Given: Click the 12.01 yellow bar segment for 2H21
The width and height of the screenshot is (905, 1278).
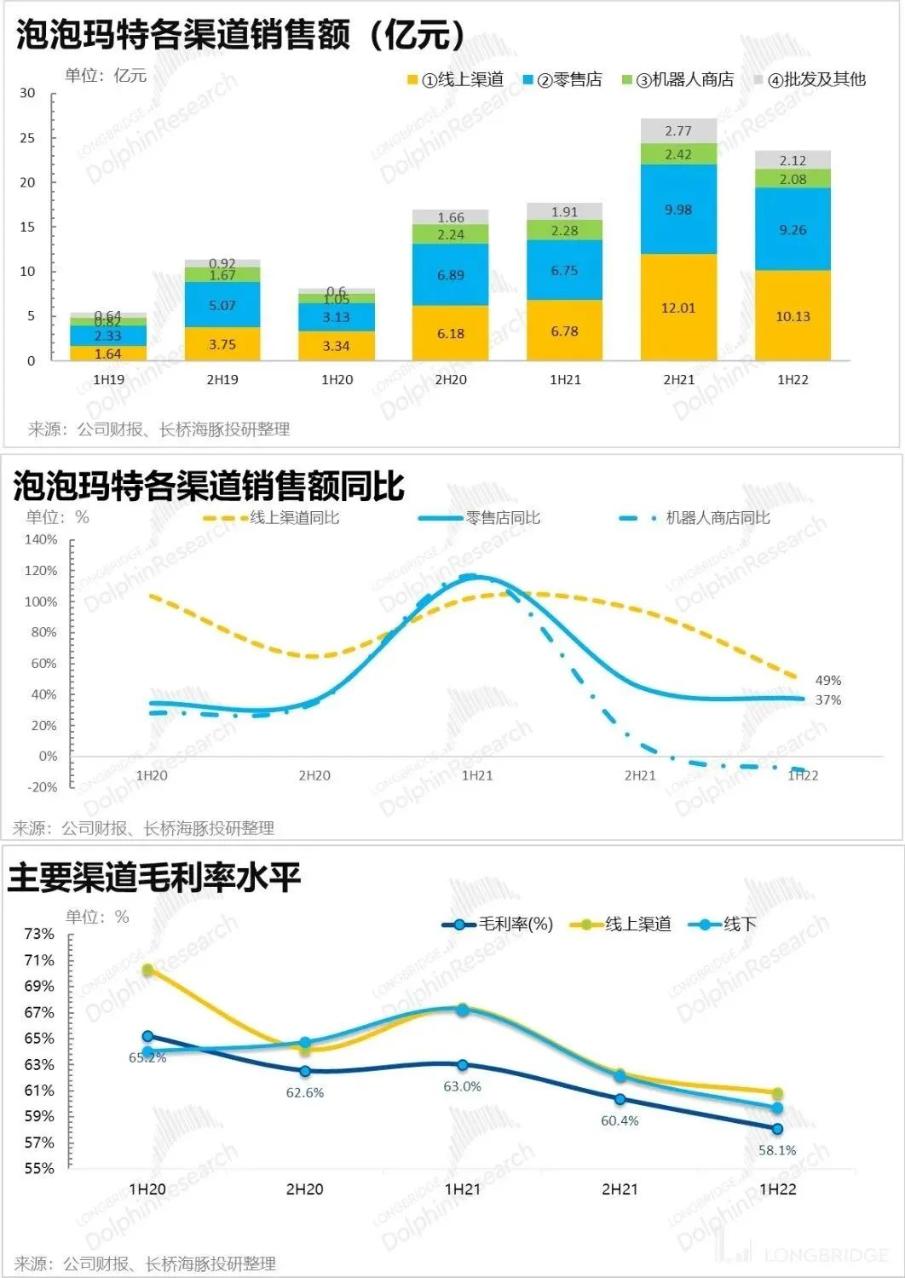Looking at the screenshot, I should pyautogui.click(x=678, y=308).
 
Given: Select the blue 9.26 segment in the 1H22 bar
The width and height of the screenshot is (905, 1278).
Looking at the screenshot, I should pyautogui.click(x=793, y=229).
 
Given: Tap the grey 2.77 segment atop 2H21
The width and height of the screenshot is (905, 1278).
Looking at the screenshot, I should pyautogui.click(x=678, y=130).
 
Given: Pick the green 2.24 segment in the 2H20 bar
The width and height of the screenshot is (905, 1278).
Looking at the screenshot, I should pyautogui.click(x=451, y=234).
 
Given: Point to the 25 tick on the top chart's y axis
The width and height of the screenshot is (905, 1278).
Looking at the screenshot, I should pyautogui.click(x=28, y=138).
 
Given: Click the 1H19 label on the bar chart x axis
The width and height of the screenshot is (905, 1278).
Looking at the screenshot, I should pyautogui.click(x=108, y=380).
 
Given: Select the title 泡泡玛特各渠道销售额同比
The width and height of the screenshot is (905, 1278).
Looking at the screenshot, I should pyautogui.click(x=210, y=486).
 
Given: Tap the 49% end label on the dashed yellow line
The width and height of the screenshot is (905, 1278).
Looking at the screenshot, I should pyautogui.click(x=827, y=681).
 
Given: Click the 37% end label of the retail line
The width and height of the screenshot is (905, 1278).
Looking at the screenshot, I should pyautogui.click(x=827, y=700).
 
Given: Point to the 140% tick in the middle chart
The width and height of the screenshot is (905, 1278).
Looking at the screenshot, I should pyautogui.click(x=41, y=540).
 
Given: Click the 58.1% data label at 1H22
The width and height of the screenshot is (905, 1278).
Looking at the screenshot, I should pyautogui.click(x=777, y=1150).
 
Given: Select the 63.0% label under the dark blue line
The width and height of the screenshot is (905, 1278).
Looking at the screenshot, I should pyautogui.click(x=462, y=1087).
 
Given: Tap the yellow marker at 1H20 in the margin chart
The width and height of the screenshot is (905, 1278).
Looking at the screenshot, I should pyautogui.click(x=147, y=970).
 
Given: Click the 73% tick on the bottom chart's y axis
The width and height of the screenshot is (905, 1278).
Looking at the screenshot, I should pyautogui.click(x=39, y=934).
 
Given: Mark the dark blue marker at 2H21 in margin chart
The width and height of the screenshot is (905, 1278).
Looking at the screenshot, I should pyautogui.click(x=620, y=1099).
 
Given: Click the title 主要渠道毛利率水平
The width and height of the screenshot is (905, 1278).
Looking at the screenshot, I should pyautogui.click(x=154, y=878).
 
